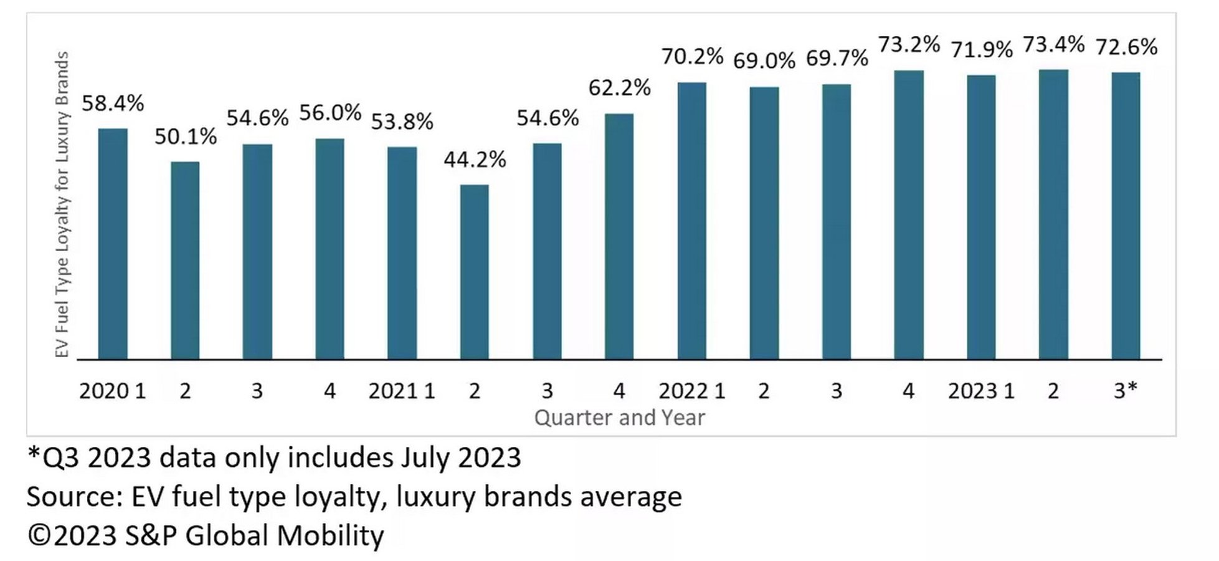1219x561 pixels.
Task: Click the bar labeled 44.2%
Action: [475, 272]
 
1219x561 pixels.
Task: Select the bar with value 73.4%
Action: [1053, 214]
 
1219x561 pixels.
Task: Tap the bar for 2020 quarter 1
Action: [113, 244]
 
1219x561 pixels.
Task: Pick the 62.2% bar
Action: [619, 236]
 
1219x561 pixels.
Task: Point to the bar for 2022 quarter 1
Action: [692, 221]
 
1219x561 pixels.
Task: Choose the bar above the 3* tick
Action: [1126, 216]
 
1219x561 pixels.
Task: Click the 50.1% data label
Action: [186, 137]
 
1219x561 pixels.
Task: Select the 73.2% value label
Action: [909, 45]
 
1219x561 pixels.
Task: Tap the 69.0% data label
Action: [764, 61]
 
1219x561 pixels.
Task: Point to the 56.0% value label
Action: [330, 113]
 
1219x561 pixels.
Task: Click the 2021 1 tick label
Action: [402, 391]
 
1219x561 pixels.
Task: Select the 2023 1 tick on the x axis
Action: [981, 391]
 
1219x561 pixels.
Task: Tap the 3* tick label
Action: [1126, 391]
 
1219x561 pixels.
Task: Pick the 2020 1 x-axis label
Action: [112, 391]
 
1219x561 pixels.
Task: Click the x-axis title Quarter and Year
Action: [619, 418]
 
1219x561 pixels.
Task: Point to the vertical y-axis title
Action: [62, 204]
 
